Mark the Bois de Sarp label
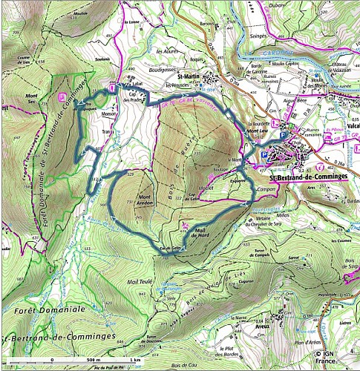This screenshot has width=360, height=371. pos(347,293)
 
